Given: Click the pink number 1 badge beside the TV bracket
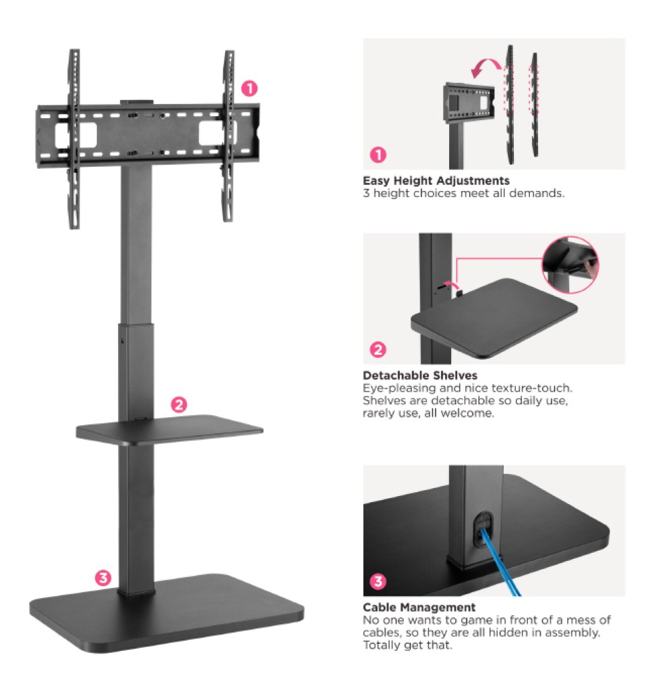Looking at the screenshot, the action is (x=249, y=88).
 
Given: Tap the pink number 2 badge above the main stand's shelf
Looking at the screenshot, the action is (x=179, y=404).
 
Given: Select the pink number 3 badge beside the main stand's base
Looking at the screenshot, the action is (x=103, y=578).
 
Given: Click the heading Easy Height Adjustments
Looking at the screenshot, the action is (x=436, y=180).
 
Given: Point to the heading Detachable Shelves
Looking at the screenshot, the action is (x=420, y=375).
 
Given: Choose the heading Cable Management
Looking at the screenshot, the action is (x=419, y=607).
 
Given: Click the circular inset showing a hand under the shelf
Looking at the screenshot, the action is (x=570, y=265).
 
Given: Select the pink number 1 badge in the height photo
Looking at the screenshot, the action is (x=378, y=155).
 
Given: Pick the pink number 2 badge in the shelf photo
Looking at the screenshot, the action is (x=378, y=349).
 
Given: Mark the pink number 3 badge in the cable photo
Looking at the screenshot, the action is (x=378, y=581).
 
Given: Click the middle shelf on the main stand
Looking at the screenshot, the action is (x=169, y=429).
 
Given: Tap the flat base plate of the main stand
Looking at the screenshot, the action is (x=167, y=612).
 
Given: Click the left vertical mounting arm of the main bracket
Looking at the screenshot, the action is (x=74, y=138).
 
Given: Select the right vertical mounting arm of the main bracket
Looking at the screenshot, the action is (x=229, y=136).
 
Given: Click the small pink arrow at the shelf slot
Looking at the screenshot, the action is (x=452, y=285).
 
